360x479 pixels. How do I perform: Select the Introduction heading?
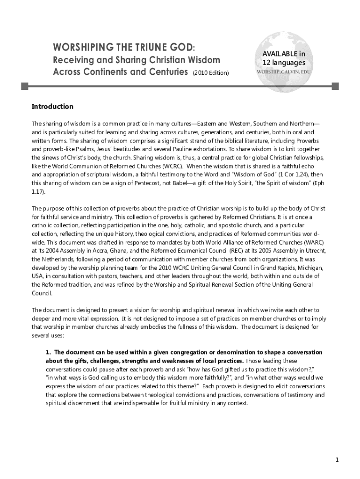tap(52, 107)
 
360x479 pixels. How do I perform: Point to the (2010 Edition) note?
tap(210, 73)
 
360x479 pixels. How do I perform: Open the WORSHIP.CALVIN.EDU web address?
tap(283, 73)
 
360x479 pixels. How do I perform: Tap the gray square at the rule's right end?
tap(335, 86)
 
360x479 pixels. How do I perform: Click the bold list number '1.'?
tap(48, 352)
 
